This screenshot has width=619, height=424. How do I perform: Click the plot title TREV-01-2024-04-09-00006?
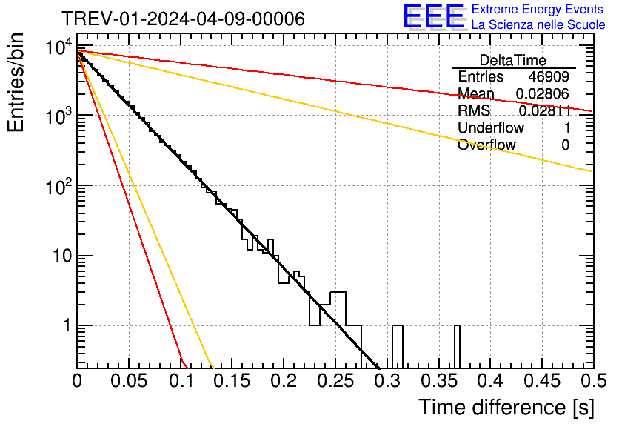(x=182, y=19)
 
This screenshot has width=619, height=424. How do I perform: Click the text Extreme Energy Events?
(x=538, y=10)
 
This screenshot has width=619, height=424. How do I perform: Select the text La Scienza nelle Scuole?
(x=538, y=24)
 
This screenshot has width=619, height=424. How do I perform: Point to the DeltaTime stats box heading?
(x=513, y=60)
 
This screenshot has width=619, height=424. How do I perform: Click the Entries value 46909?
(x=549, y=77)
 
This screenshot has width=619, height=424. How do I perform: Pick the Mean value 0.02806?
(x=543, y=94)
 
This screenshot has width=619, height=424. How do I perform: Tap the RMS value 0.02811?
(x=544, y=110)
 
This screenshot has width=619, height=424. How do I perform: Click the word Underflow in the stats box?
(x=491, y=127)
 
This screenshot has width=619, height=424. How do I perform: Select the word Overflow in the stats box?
(x=486, y=145)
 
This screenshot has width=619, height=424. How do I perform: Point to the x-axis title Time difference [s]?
(x=506, y=407)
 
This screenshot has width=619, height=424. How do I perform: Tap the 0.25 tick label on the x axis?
(x=335, y=381)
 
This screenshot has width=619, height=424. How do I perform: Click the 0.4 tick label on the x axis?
(x=490, y=381)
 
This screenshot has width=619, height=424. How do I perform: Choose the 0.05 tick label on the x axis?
(x=129, y=381)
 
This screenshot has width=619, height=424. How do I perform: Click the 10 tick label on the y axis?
(x=56, y=256)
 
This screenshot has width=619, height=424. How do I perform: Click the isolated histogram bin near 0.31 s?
(x=397, y=345)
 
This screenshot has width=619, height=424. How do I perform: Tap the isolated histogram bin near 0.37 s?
(x=457, y=345)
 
